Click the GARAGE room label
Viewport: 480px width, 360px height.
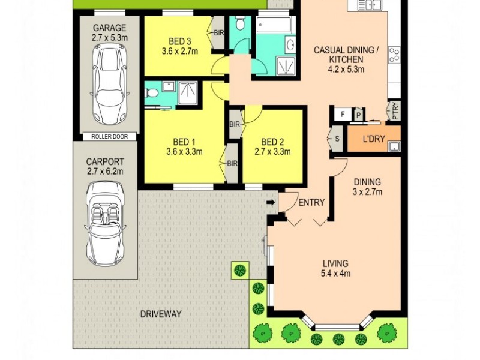pos(109,28)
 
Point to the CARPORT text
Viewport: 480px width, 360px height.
pos(105,161)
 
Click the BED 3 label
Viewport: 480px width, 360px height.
pos(179,41)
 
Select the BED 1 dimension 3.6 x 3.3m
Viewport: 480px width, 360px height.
pos(184,152)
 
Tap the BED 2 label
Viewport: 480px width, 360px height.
pos(272,142)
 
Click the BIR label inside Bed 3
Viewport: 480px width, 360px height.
pos(218,34)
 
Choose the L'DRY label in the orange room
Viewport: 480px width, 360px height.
pos(374,139)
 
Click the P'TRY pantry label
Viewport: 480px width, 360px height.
pos(395,110)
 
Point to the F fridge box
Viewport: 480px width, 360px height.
pos(343,113)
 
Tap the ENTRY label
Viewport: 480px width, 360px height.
pos(311,203)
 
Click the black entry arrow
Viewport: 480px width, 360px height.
pos(271,203)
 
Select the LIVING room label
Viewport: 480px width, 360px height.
pos(335,263)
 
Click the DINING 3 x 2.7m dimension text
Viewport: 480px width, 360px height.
pos(367,192)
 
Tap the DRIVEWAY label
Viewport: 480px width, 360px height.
pos(161,314)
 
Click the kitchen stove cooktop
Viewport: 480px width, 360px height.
pos(394,55)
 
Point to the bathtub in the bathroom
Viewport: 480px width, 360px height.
pos(274,25)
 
